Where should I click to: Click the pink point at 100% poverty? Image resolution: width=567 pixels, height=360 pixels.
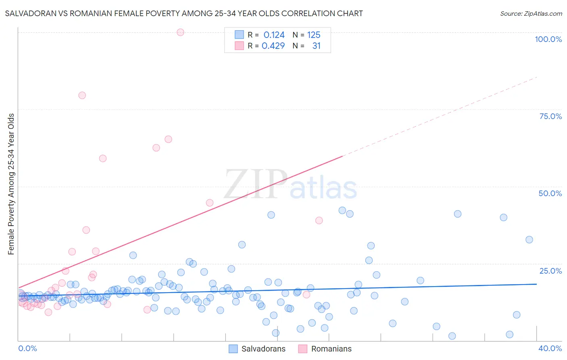click(x=180, y=32)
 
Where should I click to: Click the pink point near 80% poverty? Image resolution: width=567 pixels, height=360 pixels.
click(x=82, y=95)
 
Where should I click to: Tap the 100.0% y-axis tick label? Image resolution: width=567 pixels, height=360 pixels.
click(x=548, y=39)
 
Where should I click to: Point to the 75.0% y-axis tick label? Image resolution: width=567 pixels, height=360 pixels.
click(x=550, y=116)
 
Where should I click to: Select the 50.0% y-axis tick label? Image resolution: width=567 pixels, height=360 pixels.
click(x=550, y=193)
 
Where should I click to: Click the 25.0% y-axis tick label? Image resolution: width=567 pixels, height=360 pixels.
click(x=550, y=271)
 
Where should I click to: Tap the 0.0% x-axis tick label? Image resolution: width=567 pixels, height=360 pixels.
click(x=27, y=348)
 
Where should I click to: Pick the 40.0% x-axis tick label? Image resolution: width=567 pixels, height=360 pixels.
click(x=550, y=348)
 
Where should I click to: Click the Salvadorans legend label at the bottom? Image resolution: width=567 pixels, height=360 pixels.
click(x=263, y=349)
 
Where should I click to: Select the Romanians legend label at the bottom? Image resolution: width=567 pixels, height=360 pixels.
click(x=331, y=349)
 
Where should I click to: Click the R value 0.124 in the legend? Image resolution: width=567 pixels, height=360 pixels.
click(x=274, y=35)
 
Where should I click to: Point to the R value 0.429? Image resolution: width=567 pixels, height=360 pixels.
click(x=273, y=46)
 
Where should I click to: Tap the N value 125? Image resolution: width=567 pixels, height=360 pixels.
click(x=314, y=35)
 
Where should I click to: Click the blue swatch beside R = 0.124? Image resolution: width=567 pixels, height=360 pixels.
click(x=240, y=35)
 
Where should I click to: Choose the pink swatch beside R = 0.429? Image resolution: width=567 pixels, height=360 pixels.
click(x=240, y=46)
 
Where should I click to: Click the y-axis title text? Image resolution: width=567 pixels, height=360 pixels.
click(x=11, y=184)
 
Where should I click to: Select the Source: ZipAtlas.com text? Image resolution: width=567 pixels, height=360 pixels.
click(x=531, y=13)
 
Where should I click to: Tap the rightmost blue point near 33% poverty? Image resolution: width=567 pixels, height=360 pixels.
click(x=529, y=240)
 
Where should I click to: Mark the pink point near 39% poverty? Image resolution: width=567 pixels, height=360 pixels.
click(x=319, y=220)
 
